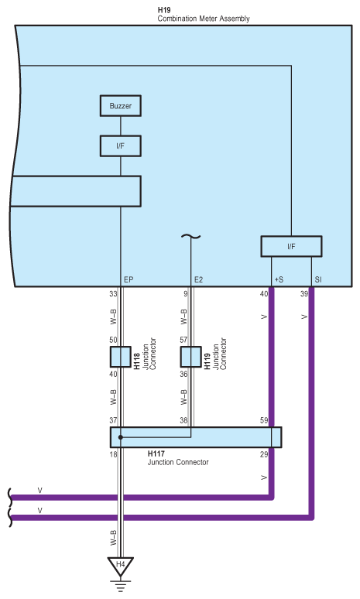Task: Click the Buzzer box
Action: (x=121, y=104)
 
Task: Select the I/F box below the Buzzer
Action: (x=121, y=145)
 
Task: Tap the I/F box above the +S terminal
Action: (x=290, y=246)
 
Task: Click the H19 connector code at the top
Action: (x=164, y=9)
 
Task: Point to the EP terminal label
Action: (x=129, y=279)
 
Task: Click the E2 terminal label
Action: (x=199, y=279)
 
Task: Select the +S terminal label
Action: (x=278, y=279)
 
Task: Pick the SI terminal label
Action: (x=317, y=279)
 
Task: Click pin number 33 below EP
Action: (x=113, y=294)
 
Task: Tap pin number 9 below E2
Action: (x=186, y=294)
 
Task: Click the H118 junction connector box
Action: (x=121, y=357)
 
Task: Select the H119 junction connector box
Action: (x=190, y=357)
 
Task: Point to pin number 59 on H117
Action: (x=263, y=421)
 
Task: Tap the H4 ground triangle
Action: (x=120, y=565)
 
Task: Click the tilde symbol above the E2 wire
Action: (x=190, y=236)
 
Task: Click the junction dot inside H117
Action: (x=120, y=437)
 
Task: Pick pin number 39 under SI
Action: (x=303, y=294)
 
